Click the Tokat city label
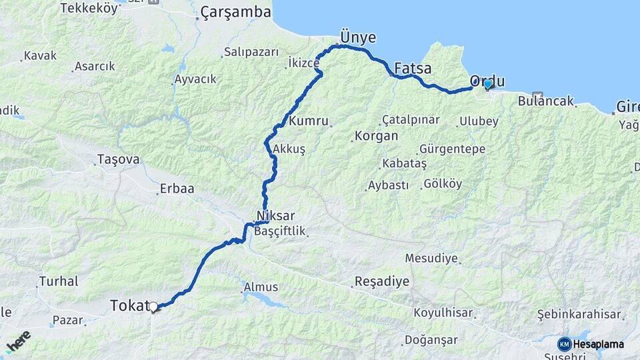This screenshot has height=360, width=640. point(128,306)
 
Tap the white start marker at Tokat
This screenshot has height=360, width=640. point(153,307)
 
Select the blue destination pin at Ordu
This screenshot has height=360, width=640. point(488,83)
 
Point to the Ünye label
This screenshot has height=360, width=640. point(358,37)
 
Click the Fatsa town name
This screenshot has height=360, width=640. point(413,68)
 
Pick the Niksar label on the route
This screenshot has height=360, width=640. point(275,216)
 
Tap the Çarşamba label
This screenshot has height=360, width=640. point(236,12)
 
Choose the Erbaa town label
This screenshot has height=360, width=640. point(177,189)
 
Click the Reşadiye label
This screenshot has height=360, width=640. point(382,281)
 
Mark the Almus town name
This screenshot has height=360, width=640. point(261,287)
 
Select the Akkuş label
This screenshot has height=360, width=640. point(289,149)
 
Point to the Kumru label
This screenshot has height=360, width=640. point(309,121)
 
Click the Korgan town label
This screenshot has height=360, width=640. point(377,135)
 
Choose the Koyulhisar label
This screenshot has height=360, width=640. point(443,313)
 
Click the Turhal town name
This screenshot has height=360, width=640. point(59,281)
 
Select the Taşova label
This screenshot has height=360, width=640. point(118,159)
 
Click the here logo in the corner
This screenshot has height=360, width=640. point(18,342)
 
